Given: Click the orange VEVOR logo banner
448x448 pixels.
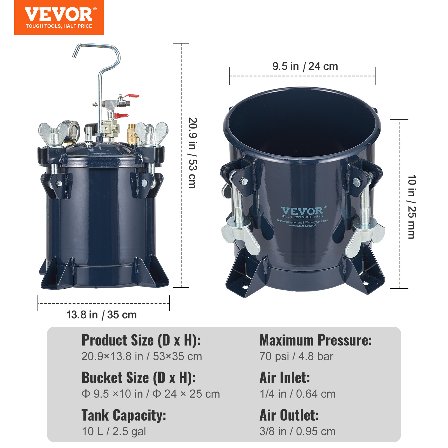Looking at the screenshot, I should click(x=59, y=17).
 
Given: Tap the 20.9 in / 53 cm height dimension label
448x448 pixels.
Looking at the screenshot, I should click(x=193, y=153).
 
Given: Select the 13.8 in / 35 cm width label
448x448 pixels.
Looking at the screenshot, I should click(x=101, y=315).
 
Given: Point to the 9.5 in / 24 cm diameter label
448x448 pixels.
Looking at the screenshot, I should click(x=305, y=66).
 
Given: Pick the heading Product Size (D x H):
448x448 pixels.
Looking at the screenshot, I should click(x=141, y=340).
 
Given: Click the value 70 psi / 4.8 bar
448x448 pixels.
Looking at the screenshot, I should click(x=296, y=356).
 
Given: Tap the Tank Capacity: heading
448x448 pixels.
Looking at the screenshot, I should click(x=124, y=415).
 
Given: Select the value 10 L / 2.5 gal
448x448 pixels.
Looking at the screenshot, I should click(x=114, y=431).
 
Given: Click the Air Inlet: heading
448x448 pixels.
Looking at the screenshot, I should click(x=284, y=378).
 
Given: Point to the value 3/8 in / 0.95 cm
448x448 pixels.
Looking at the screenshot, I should click(x=297, y=431).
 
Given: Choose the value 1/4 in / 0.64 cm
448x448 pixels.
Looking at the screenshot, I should click(x=297, y=394).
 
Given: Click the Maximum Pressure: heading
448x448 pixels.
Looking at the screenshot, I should click(x=316, y=340).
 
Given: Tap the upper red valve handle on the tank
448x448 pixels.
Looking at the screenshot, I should click(x=132, y=96).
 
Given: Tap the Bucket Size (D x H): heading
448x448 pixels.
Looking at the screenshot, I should click(x=139, y=378).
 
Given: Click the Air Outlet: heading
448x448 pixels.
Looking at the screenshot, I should click(x=289, y=415).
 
